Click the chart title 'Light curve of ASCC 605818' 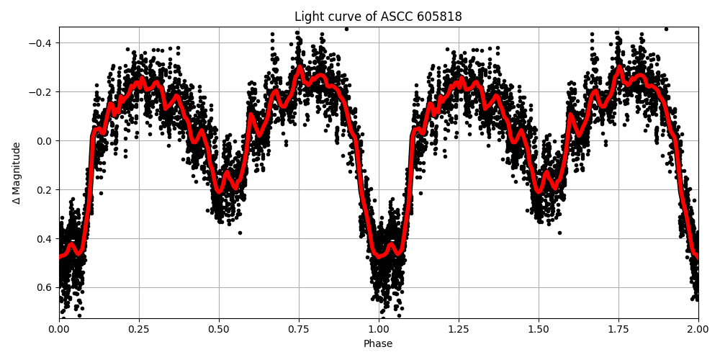click(x=378, y=17)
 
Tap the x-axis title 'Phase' click(x=378, y=344)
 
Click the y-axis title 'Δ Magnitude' click(x=17, y=173)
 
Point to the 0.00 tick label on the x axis click(x=59, y=329)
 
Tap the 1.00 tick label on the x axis click(x=379, y=329)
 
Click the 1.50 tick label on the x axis click(x=539, y=329)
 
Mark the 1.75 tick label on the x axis click(x=618, y=329)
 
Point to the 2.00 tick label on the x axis click(x=698, y=329)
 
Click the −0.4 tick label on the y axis click(x=42, y=43)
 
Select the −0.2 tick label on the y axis click(x=42, y=92)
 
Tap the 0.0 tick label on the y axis click(x=45, y=141)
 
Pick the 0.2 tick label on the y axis click(x=45, y=190)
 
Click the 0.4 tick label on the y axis click(x=45, y=239)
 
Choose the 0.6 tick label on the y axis click(x=45, y=288)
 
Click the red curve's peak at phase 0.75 click(x=299, y=69)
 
